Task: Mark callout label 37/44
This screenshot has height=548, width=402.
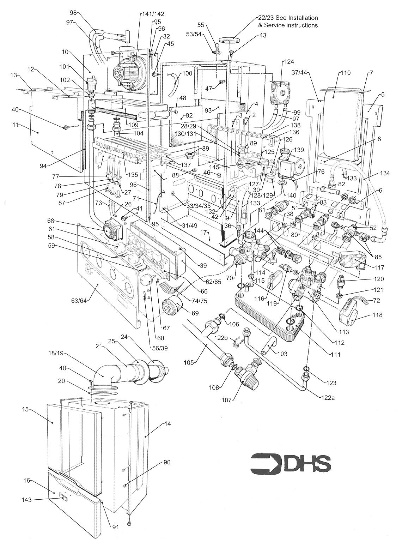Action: tap(299, 73)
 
